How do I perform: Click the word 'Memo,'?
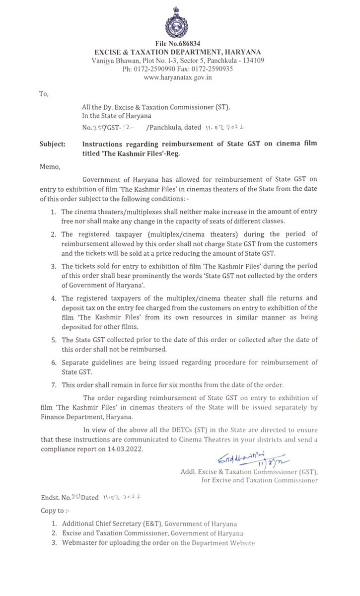click(50, 167)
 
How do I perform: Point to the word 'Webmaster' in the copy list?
click(80, 543)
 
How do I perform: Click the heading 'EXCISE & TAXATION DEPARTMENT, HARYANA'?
click(178, 52)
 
